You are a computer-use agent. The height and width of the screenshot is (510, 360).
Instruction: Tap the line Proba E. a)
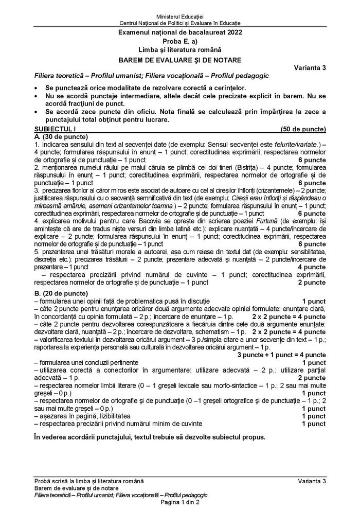point(179,41)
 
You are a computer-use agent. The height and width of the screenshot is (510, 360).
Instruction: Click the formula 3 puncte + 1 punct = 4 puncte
point(281,355)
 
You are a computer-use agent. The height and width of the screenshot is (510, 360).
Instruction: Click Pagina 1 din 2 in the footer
point(179,502)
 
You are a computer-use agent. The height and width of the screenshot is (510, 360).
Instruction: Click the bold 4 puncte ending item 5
point(312,267)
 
